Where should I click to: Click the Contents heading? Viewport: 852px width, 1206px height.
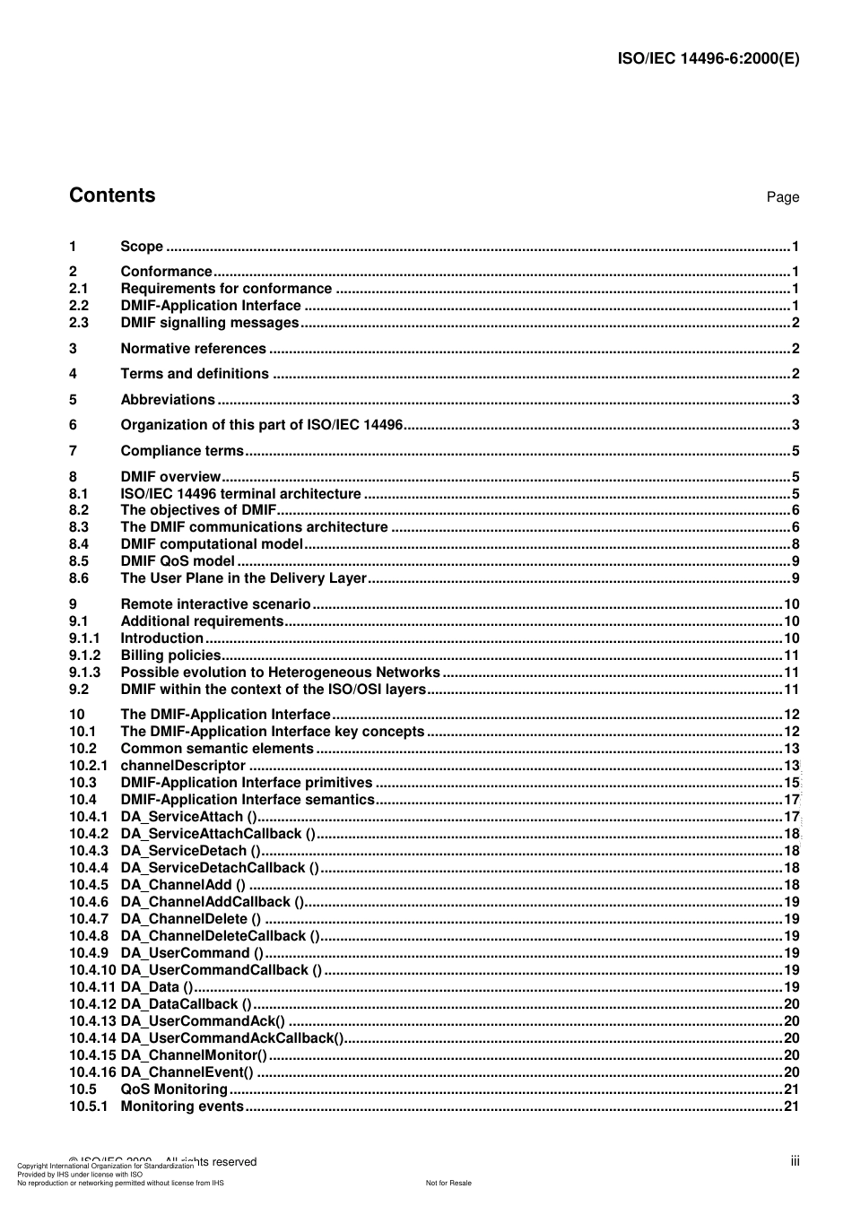pyautogui.click(x=112, y=195)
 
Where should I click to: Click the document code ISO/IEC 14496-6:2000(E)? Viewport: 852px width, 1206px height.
pyautogui.click(x=709, y=59)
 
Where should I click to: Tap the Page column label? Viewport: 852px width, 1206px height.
pyautogui.click(x=782, y=197)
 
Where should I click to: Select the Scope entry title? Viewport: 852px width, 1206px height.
pyautogui.click(x=142, y=247)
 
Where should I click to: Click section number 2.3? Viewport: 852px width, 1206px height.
pyautogui.click(x=79, y=323)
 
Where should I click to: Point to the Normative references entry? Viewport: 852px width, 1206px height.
pyautogui.click(x=193, y=349)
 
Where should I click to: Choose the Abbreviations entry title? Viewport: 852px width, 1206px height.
pyautogui.click(x=168, y=400)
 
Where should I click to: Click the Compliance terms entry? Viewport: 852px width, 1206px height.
pyautogui.click(x=182, y=451)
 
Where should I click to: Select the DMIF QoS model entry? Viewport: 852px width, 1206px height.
pyautogui.click(x=178, y=561)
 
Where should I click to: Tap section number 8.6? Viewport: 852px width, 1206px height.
pyautogui.click(x=79, y=578)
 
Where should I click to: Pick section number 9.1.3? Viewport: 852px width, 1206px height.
pyautogui.click(x=85, y=672)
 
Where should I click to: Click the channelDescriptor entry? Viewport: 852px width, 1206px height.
pyautogui.click(x=183, y=766)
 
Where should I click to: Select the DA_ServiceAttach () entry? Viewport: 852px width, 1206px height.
pyautogui.click(x=189, y=817)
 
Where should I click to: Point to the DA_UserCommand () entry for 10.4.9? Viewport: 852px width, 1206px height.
pyautogui.click(x=192, y=953)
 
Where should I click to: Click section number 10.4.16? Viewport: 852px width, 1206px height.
pyautogui.click(x=93, y=1072)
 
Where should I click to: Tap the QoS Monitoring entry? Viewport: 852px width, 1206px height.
pyautogui.click(x=174, y=1089)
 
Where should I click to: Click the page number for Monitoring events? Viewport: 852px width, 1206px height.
pyautogui.click(x=791, y=1106)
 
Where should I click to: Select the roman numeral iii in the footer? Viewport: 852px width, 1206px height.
pyautogui.click(x=795, y=1161)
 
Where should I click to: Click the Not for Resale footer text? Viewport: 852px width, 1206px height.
pyautogui.click(x=448, y=1183)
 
